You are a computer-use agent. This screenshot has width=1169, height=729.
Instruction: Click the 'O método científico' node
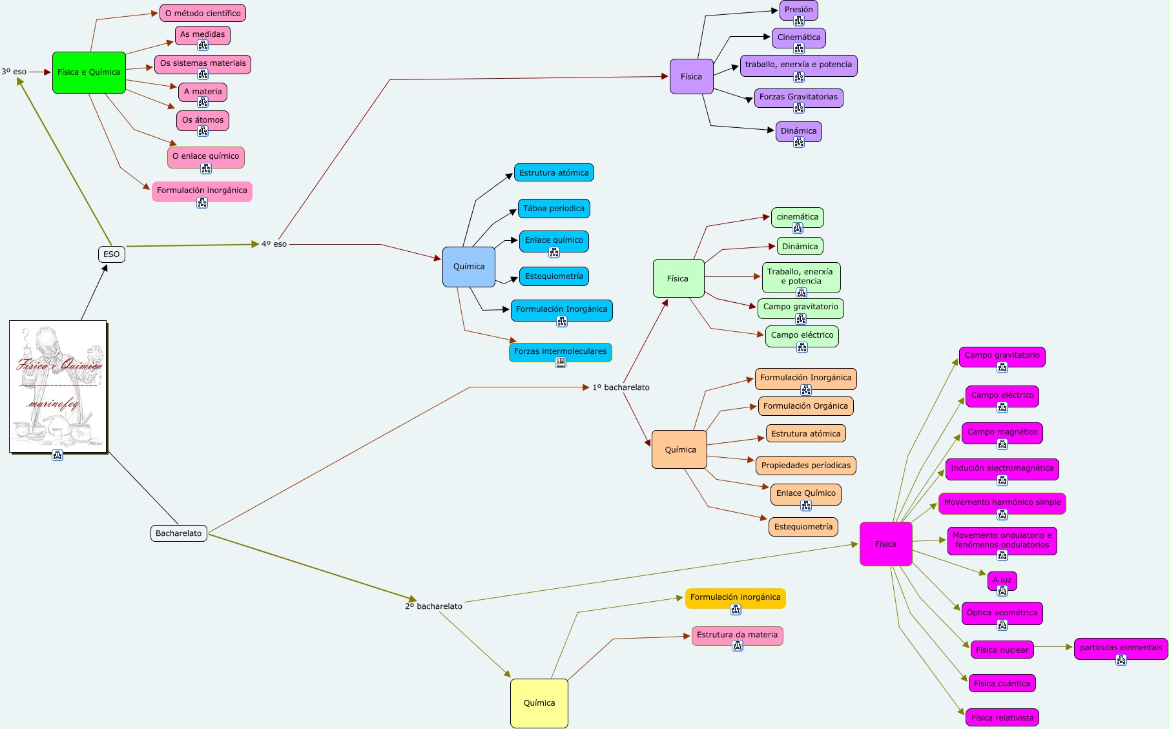[x=203, y=13]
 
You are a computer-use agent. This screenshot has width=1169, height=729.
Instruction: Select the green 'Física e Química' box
[x=89, y=72]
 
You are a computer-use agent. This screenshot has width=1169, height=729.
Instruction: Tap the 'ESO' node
[x=112, y=254]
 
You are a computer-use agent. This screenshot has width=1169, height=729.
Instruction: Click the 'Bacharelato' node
[x=179, y=533]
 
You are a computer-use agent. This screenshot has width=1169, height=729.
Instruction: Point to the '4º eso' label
[x=274, y=244]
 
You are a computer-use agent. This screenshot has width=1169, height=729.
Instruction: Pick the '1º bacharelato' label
[x=621, y=387]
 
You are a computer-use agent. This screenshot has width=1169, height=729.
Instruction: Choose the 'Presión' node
[x=799, y=10]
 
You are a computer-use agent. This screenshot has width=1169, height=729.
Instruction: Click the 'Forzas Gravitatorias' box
[x=798, y=97]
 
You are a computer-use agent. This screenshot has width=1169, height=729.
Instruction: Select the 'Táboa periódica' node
[x=553, y=209]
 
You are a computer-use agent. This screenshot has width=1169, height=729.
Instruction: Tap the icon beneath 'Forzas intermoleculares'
[x=561, y=363]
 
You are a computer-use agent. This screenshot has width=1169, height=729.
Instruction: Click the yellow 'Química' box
[x=539, y=703]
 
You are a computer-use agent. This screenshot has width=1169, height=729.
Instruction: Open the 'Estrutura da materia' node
[x=737, y=635]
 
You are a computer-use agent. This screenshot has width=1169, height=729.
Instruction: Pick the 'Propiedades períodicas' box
[x=806, y=466]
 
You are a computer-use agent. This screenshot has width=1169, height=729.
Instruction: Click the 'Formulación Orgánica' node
[x=805, y=406]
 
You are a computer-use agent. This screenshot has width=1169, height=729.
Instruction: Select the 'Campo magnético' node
[x=1002, y=432]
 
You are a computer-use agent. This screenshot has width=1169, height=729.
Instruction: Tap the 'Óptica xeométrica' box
[x=1002, y=613]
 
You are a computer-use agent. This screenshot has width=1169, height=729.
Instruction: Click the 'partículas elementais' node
[x=1121, y=648]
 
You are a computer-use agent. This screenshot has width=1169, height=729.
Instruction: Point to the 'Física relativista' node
[x=1002, y=718]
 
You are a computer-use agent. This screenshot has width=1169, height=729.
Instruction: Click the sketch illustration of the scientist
[x=58, y=386]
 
